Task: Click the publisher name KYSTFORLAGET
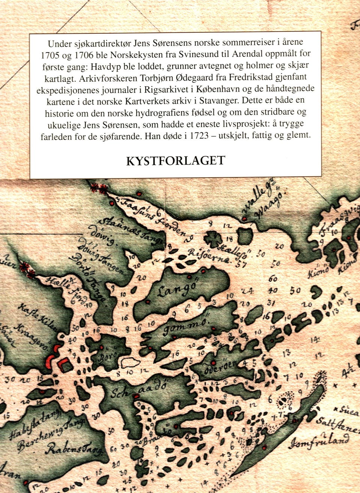point(175,160)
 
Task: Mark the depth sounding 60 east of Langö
point(273,279)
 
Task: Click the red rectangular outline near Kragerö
point(64,364)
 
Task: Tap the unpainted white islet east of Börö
point(130,363)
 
